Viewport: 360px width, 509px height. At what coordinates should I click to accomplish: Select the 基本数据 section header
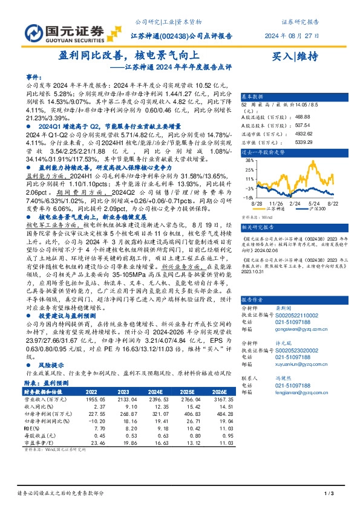(x=252, y=97)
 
